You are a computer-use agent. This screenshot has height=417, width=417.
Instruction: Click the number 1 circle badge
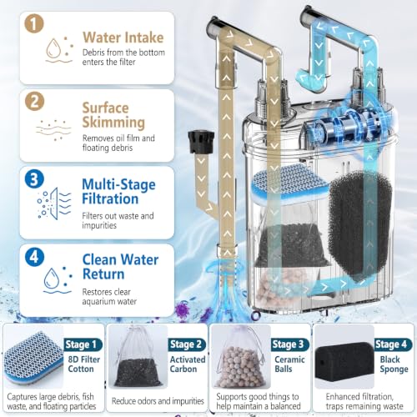pyautogui.click(x=34, y=23)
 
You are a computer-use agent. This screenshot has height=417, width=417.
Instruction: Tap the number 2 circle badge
pyautogui.click(x=34, y=101)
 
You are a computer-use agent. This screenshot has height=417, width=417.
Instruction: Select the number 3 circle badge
pyautogui.click(x=34, y=179)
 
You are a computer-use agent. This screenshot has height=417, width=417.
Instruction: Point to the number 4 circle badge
pyautogui.click(x=34, y=257)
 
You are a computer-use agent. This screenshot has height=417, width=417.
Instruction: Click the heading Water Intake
pyautogui.click(x=123, y=38)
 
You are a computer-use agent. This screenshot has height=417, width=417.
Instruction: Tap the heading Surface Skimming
pyautogui.click(x=113, y=115)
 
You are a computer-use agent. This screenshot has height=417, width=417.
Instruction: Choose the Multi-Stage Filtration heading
pyautogui.click(x=118, y=192)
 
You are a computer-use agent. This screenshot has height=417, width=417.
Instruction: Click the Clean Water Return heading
pyautogui.click(x=120, y=267)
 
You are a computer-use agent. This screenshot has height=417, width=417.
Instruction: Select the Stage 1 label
pyautogui.click(x=83, y=344)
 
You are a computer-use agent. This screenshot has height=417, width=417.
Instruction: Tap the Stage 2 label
pyautogui.click(x=187, y=344)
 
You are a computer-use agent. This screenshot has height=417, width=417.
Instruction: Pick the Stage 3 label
pyautogui.click(x=290, y=344)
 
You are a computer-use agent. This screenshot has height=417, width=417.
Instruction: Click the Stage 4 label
pyautogui.click(x=393, y=344)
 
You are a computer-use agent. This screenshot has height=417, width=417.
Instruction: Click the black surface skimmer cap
pyautogui.click(x=201, y=142)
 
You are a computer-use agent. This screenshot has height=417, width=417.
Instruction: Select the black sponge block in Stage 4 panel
pyautogui.click(x=344, y=364)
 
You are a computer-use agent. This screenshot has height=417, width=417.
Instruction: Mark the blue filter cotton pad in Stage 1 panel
pyautogui.click(x=33, y=359)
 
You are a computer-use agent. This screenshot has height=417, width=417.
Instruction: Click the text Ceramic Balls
pyautogui.click(x=289, y=364)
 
